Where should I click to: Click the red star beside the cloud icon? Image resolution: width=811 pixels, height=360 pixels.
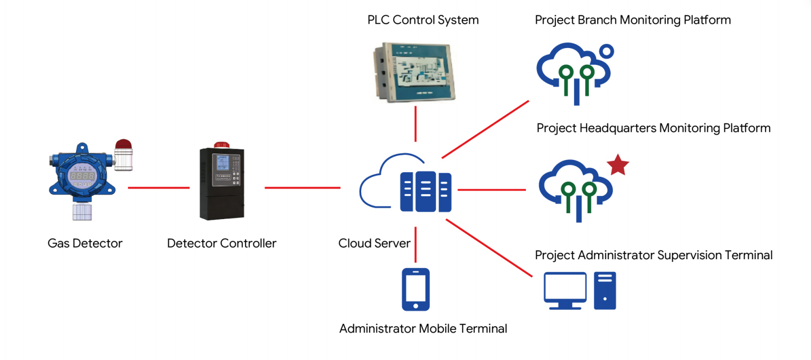click(618, 165)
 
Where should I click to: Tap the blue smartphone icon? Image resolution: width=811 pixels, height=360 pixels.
click(416, 289)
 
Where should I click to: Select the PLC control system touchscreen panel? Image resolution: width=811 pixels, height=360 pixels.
click(414, 72)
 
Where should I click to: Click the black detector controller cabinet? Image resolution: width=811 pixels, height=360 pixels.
click(222, 184)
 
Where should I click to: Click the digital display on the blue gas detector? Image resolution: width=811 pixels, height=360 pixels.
click(82, 176)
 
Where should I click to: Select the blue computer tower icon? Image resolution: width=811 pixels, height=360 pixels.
click(605, 290)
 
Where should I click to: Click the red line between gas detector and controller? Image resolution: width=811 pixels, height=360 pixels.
click(158, 188)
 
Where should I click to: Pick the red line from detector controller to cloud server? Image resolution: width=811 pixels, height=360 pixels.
click(303, 188)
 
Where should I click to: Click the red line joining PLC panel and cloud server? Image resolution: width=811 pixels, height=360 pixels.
click(416, 124)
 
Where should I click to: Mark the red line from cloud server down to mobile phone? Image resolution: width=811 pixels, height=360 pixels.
click(416, 244)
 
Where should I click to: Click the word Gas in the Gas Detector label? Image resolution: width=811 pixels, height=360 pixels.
click(59, 243)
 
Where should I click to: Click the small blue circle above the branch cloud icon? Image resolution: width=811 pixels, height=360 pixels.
click(607, 51)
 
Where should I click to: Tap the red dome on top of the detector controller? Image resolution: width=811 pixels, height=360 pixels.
click(222, 145)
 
